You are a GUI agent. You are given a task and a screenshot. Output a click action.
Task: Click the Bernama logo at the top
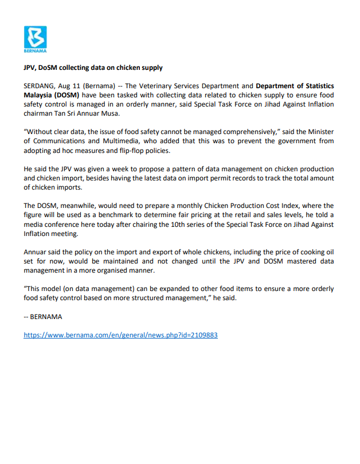(35, 40)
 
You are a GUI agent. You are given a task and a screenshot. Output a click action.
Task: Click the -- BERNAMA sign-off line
(43, 316)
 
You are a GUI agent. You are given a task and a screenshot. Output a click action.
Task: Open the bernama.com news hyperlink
(120, 335)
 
